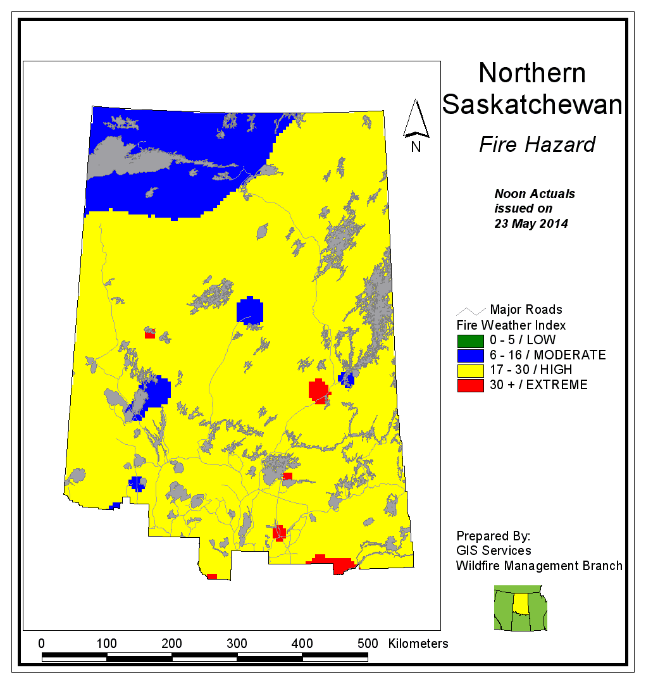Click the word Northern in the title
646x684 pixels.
click(x=531, y=73)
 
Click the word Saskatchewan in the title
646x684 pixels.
click(x=531, y=104)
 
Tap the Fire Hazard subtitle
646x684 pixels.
click(x=537, y=145)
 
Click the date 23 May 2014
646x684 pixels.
click(x=531, y=223)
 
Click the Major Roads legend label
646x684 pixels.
click(x=526, y=310)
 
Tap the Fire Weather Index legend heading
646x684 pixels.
click(x=511, y=325)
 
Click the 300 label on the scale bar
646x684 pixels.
click(x=237, y=644)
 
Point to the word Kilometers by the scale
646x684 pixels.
click(x=418, y=644)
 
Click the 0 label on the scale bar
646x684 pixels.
click(x=42, y=644)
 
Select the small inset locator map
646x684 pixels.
click(x=520, y=607)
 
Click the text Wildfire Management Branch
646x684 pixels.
click(x=539, y=566)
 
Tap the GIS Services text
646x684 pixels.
click(x=494, y=550)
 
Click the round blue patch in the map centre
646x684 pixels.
click(x=250, y=311)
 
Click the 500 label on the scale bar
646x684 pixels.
click(x=367, y=644)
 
